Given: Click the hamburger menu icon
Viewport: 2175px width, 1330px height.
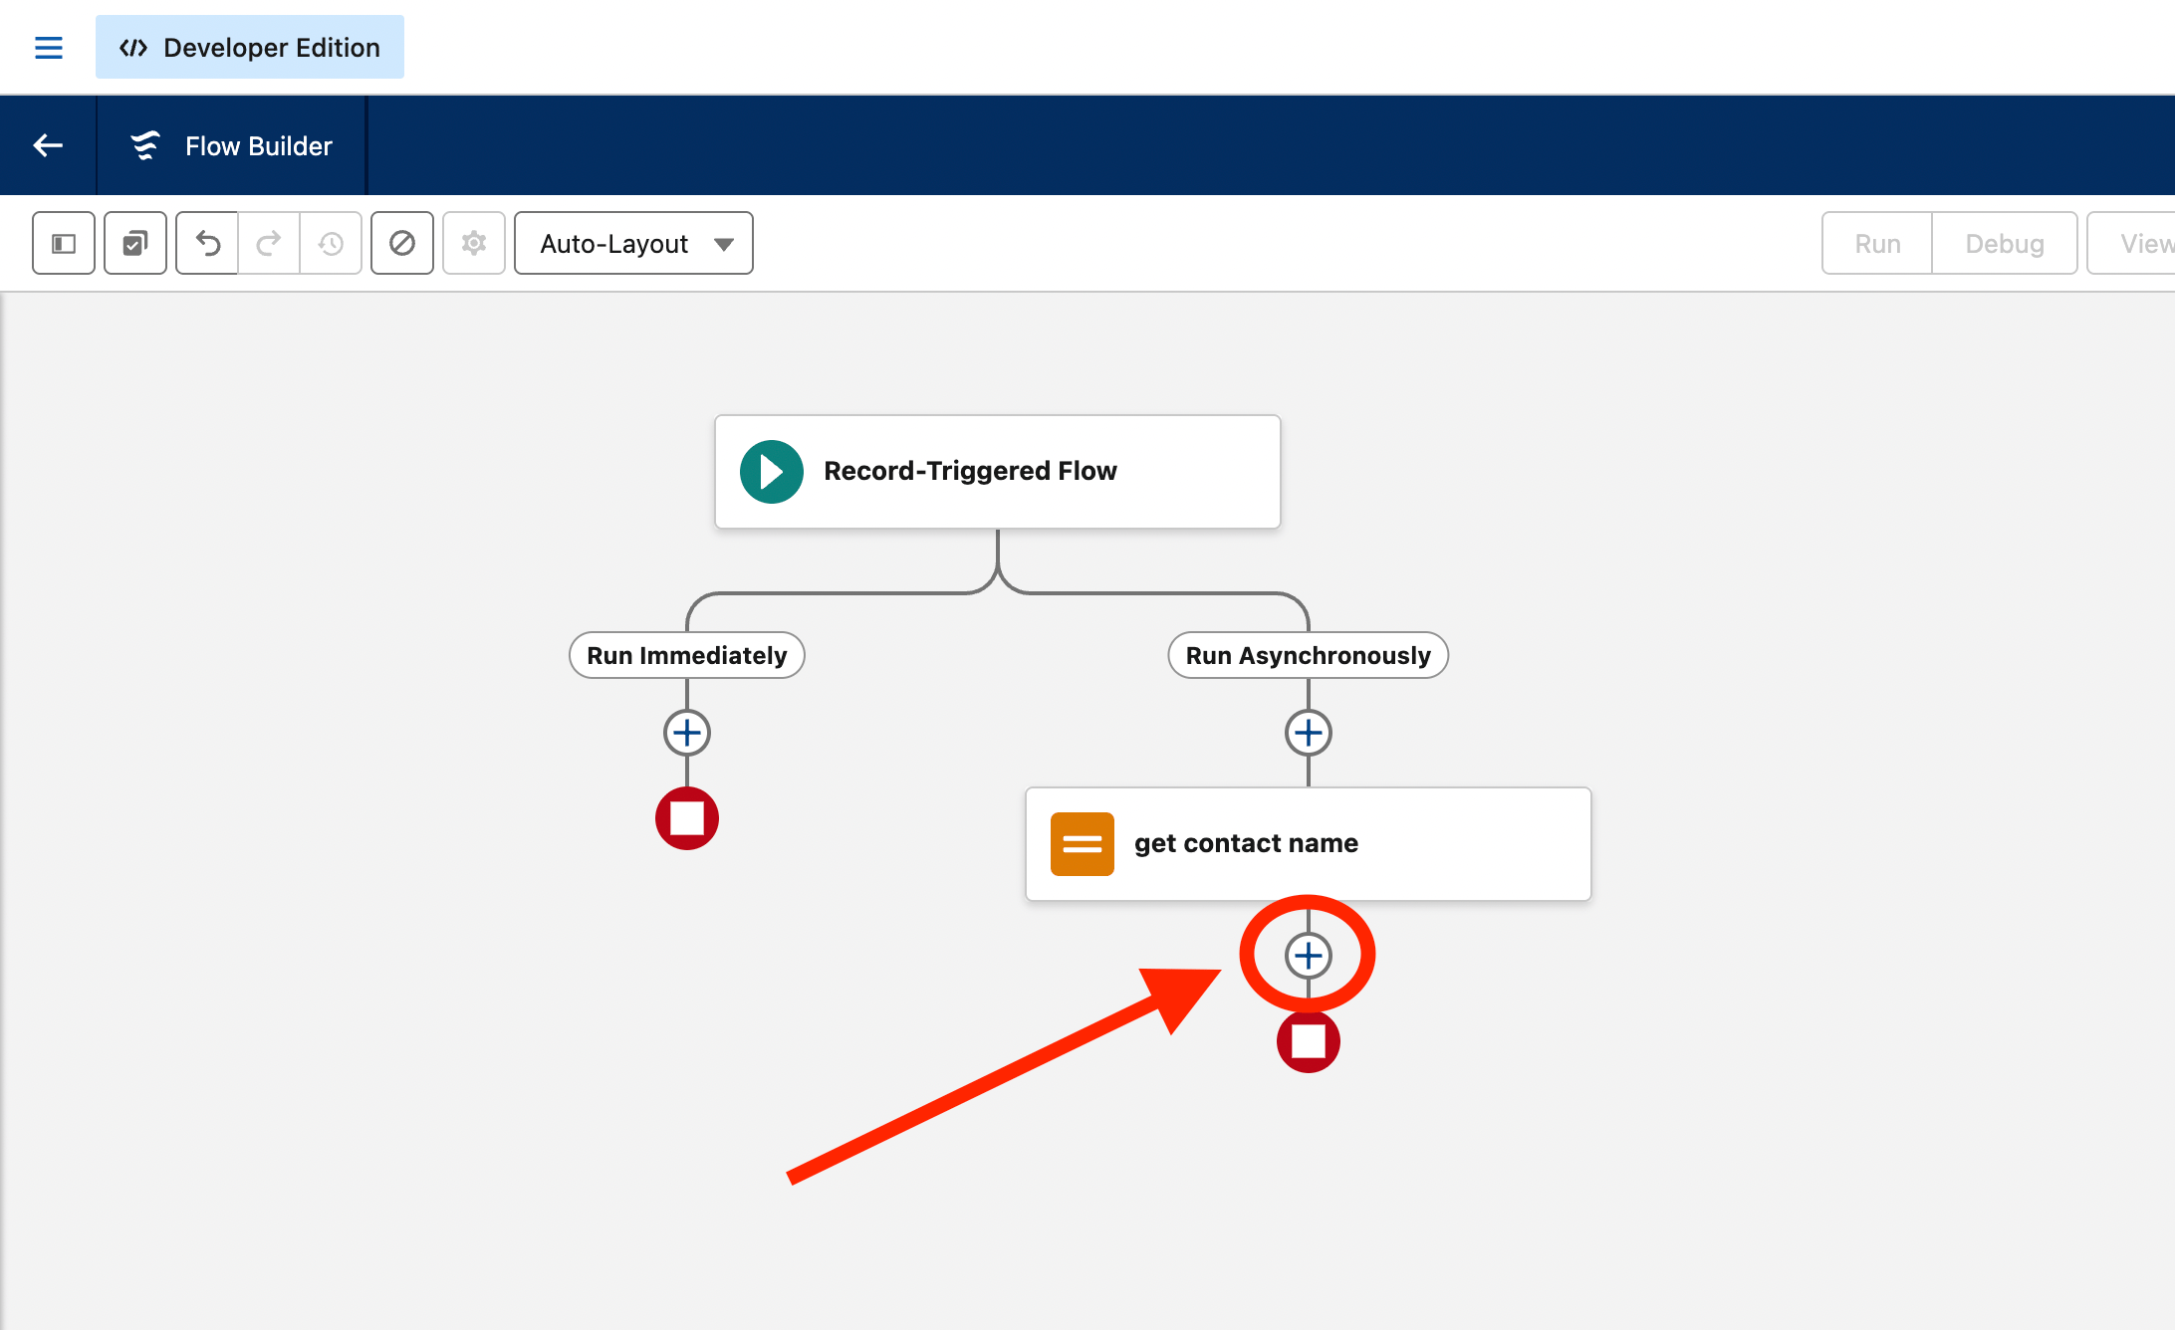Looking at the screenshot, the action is [x=49, y=48].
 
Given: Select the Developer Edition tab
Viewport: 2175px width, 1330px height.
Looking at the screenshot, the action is [x=250, y=47].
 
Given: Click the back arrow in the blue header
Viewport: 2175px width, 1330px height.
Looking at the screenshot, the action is [x=48, y=145].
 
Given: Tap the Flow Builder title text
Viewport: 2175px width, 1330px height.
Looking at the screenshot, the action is [x=259, y=146].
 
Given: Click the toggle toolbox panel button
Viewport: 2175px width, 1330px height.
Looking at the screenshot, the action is [x=64, y=243].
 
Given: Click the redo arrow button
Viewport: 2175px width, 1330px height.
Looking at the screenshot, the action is [x=269, y=243].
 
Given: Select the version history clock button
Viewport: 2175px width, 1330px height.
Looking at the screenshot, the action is [x=331, y=243].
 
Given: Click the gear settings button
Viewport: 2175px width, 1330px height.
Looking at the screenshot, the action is [x=474, y=243].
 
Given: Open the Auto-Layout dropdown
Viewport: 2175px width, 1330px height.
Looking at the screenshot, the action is [x=633, y=243].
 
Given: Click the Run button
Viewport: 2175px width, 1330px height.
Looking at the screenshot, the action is [x=1877, y=243].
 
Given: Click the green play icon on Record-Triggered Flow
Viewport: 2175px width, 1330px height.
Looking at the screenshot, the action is [x=772, y=471].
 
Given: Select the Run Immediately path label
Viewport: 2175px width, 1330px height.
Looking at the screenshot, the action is [x=687, y=655].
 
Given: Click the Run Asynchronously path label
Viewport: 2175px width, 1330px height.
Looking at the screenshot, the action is [x=1309, y=655].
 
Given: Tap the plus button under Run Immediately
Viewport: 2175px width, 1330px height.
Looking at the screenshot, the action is [x=687, y=733].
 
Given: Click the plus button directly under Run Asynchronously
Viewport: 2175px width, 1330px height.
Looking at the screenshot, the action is [x=1309, y=733].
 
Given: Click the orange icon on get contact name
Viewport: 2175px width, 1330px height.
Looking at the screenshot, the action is [x=1083, y=844].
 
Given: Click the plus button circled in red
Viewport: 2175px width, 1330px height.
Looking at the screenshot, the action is [x=1309, y=956].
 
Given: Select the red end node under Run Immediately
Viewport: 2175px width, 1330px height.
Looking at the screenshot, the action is [x=687, y=818].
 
